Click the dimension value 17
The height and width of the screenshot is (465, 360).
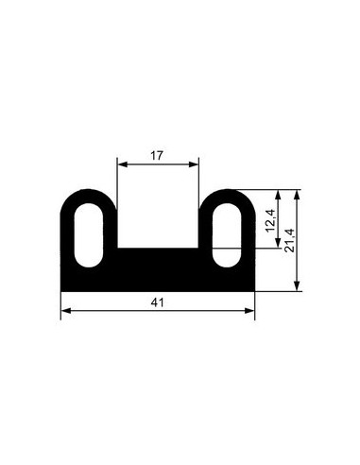point(157,155)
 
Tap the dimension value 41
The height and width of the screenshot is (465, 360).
point(157,302)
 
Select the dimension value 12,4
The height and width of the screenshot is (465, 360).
point(271,220)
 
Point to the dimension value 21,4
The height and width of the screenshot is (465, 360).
point(289,240)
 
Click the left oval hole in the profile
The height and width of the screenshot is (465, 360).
point(89,235)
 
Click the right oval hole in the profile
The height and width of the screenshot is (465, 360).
point(227,235)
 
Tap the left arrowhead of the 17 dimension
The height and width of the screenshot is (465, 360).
point(122,164)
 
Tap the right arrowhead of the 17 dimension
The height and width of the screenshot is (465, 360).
point(194,164)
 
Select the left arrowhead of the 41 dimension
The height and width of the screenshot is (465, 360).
point(66,311)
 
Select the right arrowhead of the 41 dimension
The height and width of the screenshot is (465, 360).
point(249,311)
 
